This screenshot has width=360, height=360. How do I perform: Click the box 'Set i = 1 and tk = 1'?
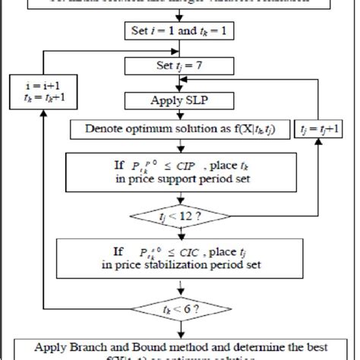(180, 31)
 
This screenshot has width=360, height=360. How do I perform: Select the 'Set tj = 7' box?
(180, 65)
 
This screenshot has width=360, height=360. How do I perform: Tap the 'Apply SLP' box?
(180, 100)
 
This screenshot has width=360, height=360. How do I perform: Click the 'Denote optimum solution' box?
(180, 129)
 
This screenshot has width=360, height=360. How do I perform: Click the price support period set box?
(180, 170)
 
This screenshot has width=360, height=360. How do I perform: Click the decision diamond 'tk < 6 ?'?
(180, 309)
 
